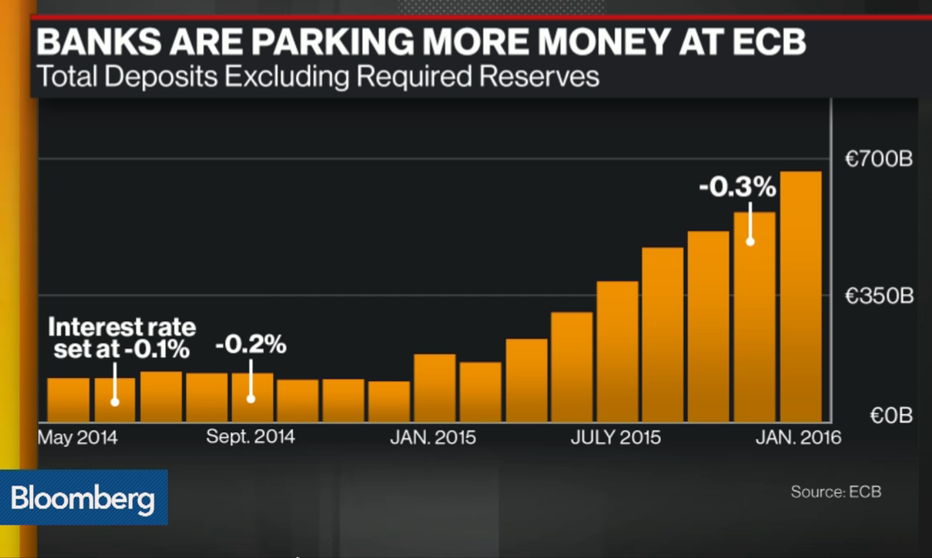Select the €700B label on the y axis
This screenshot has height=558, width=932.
[x=879, y=159]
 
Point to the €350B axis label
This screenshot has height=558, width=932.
[x=879, y=296]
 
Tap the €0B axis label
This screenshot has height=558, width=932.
[x=891, y=416]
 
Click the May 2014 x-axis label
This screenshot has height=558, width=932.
[x=78, y=438]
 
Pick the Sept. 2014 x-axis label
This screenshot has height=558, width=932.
[x=250, y=437]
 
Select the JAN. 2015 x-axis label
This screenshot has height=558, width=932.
[x=433, y=438]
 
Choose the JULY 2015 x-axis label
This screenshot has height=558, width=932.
[x=615, y=438]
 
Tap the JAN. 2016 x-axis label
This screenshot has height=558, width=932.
[x=798, y=438]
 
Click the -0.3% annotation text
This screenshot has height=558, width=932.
[x=737, y=188]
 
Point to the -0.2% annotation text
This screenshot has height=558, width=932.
[x=251, y=345]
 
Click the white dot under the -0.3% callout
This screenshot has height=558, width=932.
[x=750, y=242]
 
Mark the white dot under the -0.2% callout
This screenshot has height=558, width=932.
[x=251, y=398]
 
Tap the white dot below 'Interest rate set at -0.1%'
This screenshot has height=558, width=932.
[x=115, y=402]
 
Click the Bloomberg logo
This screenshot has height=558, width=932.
[x=83, y=498]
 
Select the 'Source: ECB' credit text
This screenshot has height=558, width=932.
[x=835, y=492]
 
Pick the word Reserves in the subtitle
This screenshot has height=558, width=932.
[x=539, y=77]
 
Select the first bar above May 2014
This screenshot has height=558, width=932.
[x=68, y=400]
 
